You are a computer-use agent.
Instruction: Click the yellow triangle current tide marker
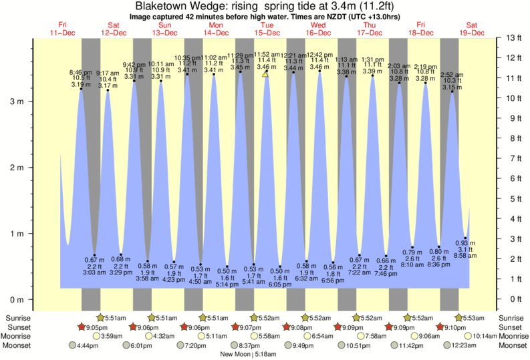point(266,74)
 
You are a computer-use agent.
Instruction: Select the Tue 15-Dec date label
point(267,28)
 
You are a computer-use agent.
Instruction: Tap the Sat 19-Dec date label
point(468,28)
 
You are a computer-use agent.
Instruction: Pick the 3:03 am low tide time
point(94,273)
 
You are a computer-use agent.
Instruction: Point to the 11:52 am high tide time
point(267,54)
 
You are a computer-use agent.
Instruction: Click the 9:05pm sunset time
point(96,327)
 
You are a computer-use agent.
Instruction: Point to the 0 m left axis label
point(15,299)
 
